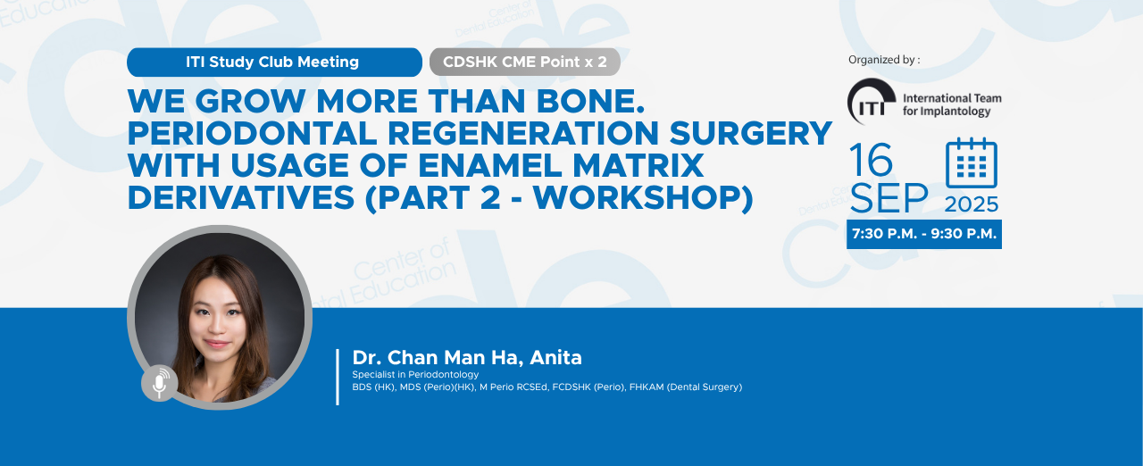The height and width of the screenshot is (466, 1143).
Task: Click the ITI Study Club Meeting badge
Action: pyautogui.click(x=274, y=62)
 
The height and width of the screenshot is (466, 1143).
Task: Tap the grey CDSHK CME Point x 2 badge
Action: pyautogui.click(x=524, y=62)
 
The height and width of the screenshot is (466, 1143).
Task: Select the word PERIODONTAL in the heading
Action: pyautogui.click(x=252, y=133)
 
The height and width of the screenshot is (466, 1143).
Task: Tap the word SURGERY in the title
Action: pyautogui.click(x=751, y=133)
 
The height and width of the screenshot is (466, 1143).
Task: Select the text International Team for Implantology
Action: pyautogui.click(x=952, y=104)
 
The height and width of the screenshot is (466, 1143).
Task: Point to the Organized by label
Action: pyautogui.click(x=884, y=60)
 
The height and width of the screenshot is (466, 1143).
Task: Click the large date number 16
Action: pyautogui.click(x=871, y=160)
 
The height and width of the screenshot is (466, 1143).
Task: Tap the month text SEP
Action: pyautogui.click(x=889, y=198)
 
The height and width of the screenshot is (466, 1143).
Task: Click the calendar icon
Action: pyautogui.click(x=971, y=163)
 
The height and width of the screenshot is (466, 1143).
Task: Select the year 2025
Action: pyautogui.click(x=971, y=204)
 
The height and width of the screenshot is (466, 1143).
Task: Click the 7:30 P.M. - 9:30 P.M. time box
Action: pyautogui.click(x=924, y=234)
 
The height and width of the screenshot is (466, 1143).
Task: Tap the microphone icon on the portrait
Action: pyautogui.click(x=160, y=383)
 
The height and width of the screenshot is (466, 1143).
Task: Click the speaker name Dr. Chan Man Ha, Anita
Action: pyautogui.click(x=467, y=357)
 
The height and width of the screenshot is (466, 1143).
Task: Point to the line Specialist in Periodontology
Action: pyautogui.click(x=415, y=374)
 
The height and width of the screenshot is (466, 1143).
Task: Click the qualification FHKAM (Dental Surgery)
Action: pyautogui.click(x=686, y=387)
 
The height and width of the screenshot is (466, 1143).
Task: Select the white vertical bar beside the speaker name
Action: pyautogui.click(x=338, y=377)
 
